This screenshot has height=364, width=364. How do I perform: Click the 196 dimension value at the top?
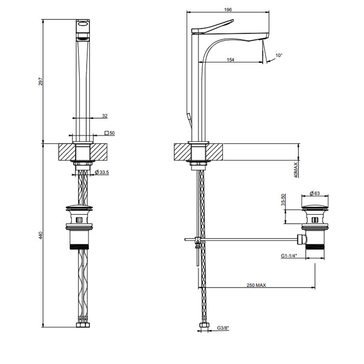(x=228, y=9)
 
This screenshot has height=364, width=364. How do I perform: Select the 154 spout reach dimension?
(x=230, y=60)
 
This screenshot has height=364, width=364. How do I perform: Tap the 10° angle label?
(x=279, y=55)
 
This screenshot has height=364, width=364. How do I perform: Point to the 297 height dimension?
(x=41, y=82)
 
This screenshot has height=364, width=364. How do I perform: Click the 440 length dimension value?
(x=41, y=236)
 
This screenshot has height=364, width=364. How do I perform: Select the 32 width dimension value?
(x=105, y=115)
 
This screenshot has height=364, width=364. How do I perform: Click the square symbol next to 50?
(x=107, y=133)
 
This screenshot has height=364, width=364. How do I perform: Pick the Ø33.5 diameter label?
(x=102, y=172)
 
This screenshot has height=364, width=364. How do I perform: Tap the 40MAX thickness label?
(x=296, y=170)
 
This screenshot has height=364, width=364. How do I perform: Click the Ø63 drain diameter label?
(x=315, y=193)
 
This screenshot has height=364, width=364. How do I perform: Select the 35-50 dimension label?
(x=283, y=200)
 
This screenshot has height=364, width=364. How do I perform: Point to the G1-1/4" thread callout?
(x=289, y=256)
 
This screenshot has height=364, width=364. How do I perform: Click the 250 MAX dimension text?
(x=256, y=285)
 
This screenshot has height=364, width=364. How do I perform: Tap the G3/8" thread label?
(x=223, y=328)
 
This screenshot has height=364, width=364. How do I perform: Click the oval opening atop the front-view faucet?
(x=83, y=23)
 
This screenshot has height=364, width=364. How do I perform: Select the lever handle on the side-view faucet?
(x=212, y=26)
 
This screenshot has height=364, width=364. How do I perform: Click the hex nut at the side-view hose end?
(x=204, y=325)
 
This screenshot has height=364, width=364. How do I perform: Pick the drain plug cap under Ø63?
(x=315, y=207)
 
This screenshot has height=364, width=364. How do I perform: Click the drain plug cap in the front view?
(x=79, y=207)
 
